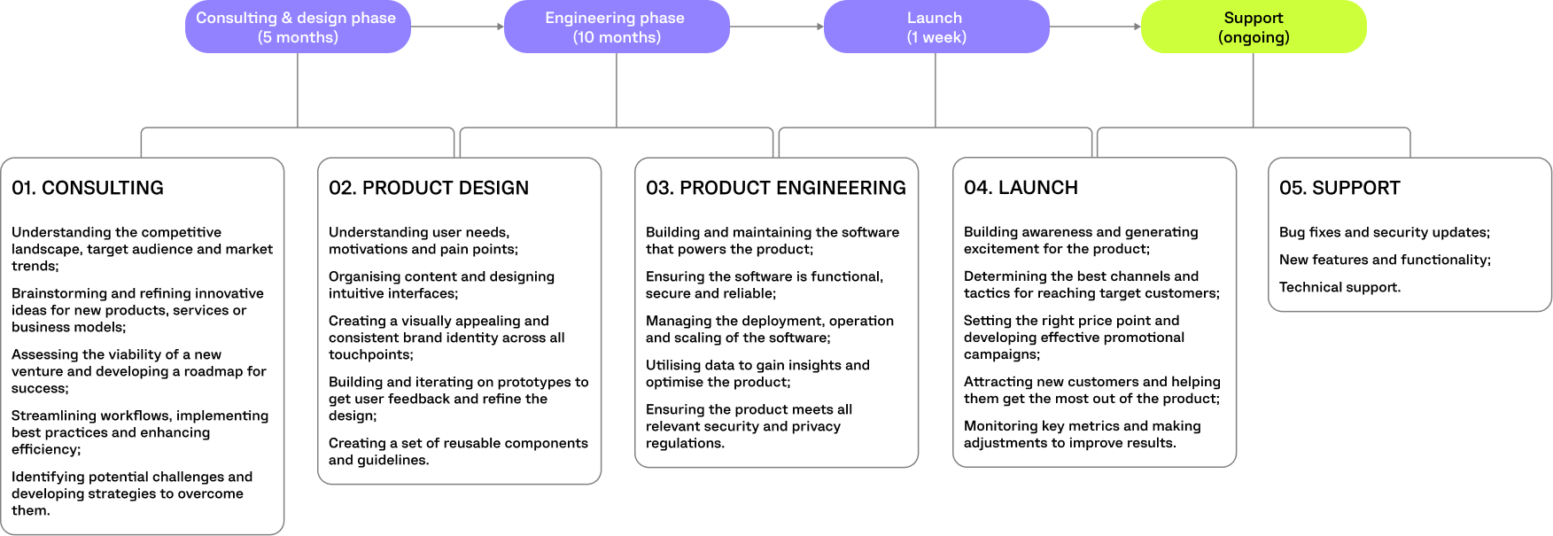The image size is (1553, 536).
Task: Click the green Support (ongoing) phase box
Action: tap(1253, 27)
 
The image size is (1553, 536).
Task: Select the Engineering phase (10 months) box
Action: tap(616, 27)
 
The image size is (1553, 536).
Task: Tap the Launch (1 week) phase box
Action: tap(936, 27)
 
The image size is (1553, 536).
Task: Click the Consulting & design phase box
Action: tap(297, 27)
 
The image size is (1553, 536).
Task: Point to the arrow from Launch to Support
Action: tap(1095, 27)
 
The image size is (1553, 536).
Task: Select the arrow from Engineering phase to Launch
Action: tap(777, 27)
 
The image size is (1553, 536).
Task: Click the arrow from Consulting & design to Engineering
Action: tap(457, 27)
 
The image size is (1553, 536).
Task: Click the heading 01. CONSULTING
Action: tap(88, 188)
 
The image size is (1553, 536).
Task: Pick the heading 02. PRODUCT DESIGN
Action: tap(429, 188)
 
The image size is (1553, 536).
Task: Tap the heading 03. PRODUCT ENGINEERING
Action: tap(776, 188)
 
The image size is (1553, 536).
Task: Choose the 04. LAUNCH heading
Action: tap(1021, 188)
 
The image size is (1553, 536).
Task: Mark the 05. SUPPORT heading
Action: tap(1339, 188)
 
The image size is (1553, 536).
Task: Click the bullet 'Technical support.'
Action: tap(1339, 287)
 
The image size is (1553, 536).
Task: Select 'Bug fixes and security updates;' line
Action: tap(1384, 232)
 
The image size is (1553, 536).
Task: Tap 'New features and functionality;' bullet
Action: tap(1385, 260)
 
